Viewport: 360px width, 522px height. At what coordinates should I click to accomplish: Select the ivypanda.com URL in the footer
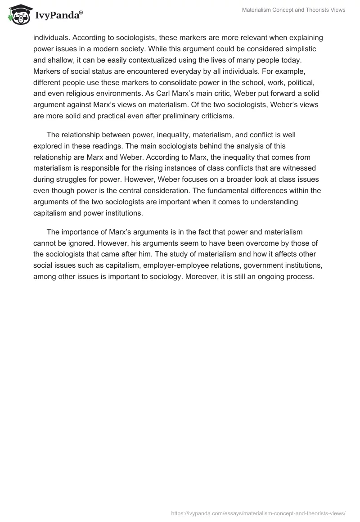tap(258, 513)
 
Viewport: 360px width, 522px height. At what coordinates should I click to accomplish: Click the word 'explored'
tap(49, 145)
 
